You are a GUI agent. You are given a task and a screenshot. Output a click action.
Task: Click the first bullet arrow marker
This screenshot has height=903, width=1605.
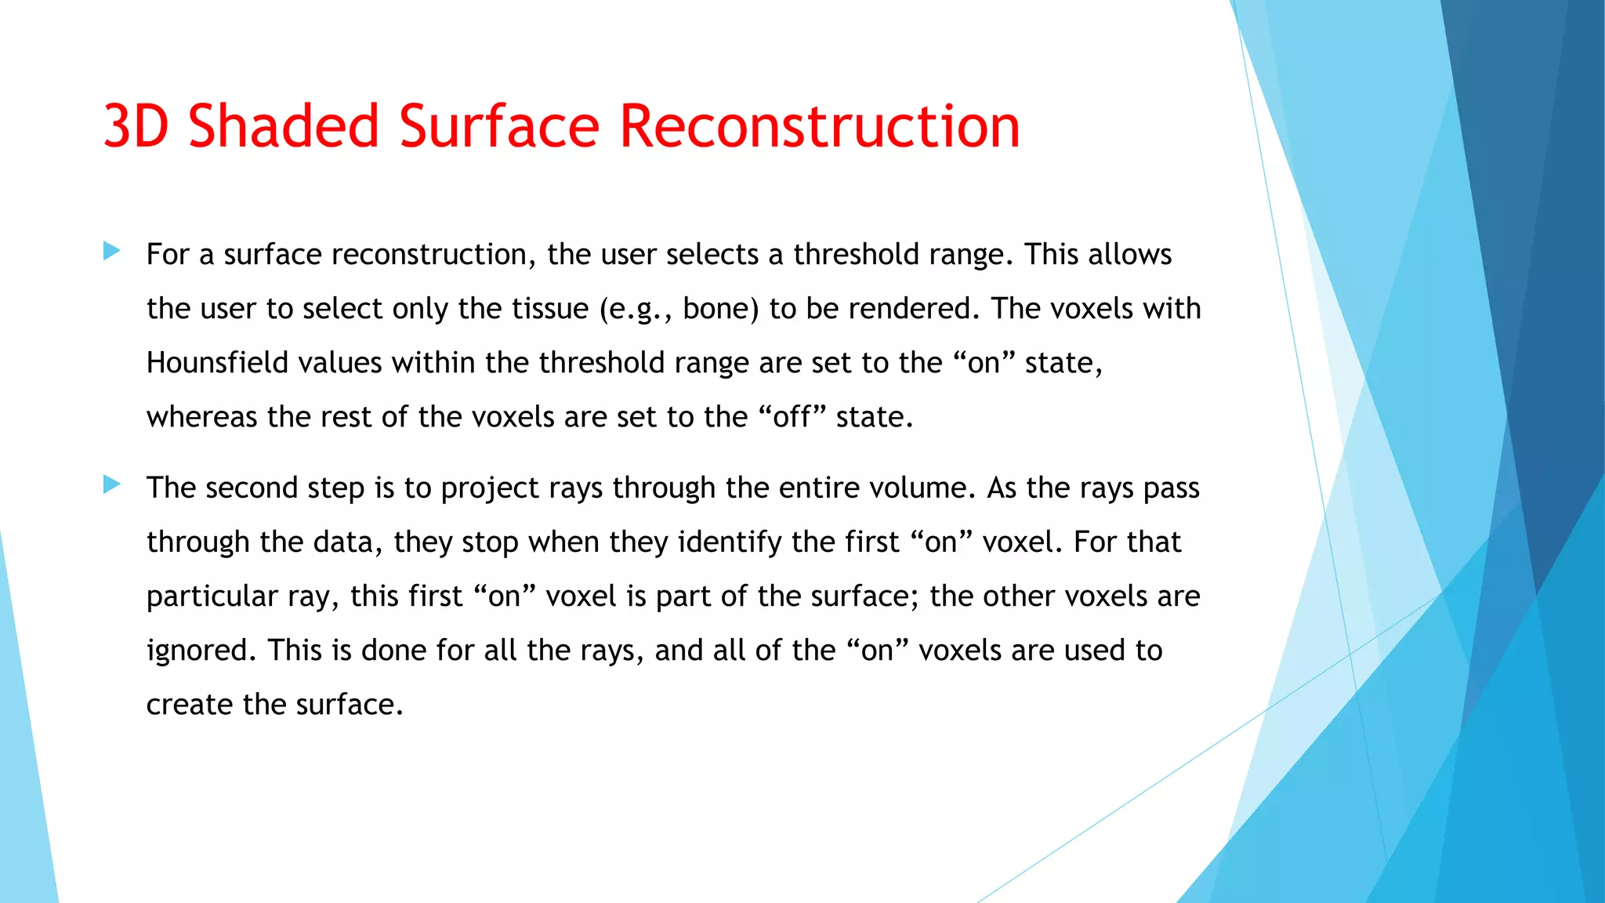point(112,252)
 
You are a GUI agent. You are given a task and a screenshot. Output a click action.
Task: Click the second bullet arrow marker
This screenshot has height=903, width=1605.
point(112,485)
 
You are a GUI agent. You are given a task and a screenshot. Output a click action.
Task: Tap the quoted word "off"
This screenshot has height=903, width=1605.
point(792,417)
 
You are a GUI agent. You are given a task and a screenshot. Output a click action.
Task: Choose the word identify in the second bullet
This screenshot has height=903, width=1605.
point(730,542)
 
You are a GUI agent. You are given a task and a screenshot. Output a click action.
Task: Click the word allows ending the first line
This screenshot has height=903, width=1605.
point(1129,255)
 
